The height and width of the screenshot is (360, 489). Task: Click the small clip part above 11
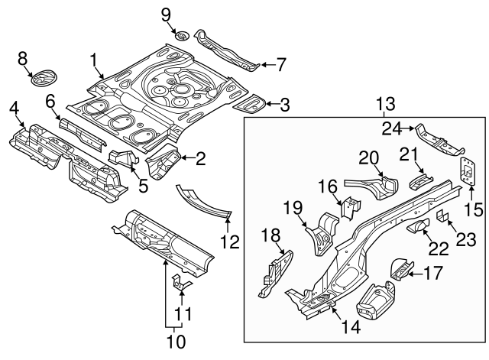[x=180, y=282]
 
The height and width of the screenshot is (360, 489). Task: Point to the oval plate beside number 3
[x=250, y=100]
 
